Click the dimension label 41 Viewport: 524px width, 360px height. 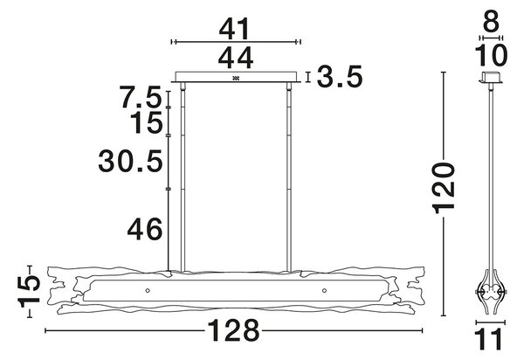pyautogui.click(x=234, y=29)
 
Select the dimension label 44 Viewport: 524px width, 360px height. pyautogui.click(x=236, y=59)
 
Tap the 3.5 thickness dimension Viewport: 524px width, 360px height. pyautogui.click(x=340, y=77)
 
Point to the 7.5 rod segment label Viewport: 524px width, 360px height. pyautogui.click(x=141, y=97)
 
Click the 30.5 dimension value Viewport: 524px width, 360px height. pyautogui.click(x=131, y=161)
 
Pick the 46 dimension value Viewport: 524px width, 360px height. pyautogui.click(x=145, y=229)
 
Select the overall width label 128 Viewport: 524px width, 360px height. pyautogui.click(x=233, y=330)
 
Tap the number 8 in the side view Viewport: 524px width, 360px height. pyautogui.click(x=491, y=22)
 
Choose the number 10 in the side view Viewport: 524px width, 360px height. pyautogui.click(x=491, y=55)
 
